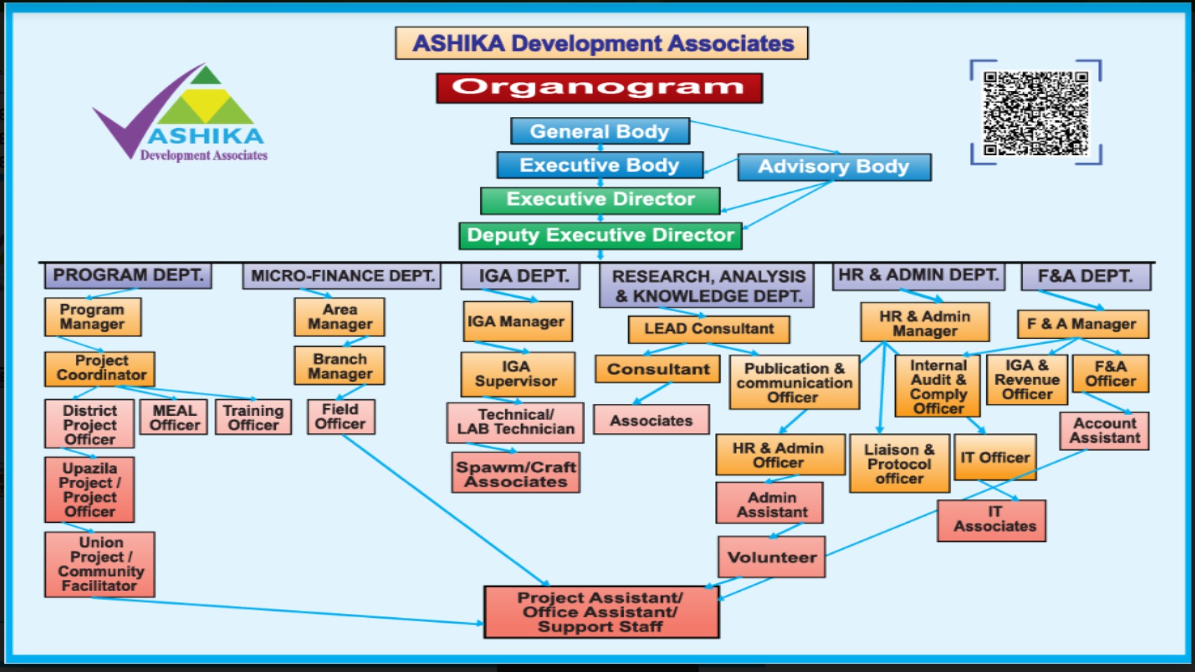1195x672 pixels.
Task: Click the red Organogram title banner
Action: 599,88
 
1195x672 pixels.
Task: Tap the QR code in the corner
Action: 1036,113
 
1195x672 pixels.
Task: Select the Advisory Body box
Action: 834,167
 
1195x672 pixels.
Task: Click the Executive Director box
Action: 600,200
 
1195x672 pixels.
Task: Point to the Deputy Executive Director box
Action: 600,236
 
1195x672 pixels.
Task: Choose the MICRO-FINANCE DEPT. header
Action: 342,276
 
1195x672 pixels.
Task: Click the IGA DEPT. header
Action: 520,276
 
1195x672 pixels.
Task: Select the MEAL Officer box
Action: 174,418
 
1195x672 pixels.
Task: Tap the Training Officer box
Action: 253,418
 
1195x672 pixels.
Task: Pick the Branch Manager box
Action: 339,366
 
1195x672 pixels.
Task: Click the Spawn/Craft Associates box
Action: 515,474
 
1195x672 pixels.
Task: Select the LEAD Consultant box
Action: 708,329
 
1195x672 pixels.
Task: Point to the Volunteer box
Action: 772,558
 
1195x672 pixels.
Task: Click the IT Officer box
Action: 995,458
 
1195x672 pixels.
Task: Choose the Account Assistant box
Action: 1104,431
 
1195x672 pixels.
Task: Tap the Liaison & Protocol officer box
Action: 899,464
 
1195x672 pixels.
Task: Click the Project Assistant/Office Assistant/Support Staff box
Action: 601,612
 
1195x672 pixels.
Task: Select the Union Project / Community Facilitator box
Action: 100,564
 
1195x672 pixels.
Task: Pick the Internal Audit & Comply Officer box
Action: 937,386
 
